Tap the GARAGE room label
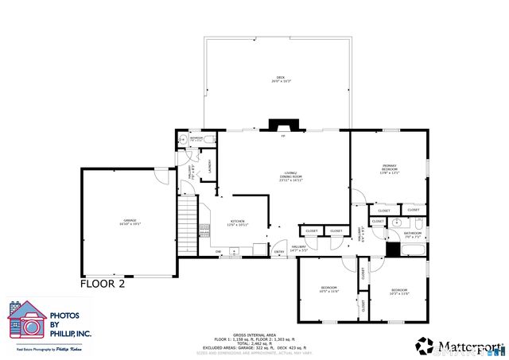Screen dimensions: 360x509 [x=129, y=222]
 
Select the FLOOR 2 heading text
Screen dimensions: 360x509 [x=103, y=283]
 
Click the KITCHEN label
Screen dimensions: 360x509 [x=238, y=223]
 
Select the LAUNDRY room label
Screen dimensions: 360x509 [x=208, y=166]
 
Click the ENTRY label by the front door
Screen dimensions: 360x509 [x=279, y=253]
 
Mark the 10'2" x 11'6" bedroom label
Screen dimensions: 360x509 [x=399, y=292]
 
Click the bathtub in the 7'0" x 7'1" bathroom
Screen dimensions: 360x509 [x=413, y=250]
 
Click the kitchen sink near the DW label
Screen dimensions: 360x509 [x=234, y=252]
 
